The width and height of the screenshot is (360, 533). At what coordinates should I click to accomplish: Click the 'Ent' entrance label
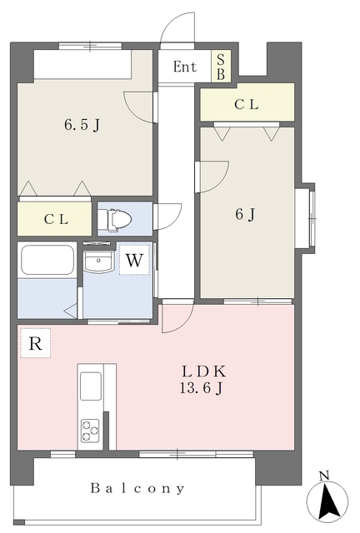pos(185,67)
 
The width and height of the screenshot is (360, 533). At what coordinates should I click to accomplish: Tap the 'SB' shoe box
pos(221,67)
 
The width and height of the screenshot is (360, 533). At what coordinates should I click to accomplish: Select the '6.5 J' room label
pos(82,125)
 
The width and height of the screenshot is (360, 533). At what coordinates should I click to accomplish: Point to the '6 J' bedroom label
pos(245,214)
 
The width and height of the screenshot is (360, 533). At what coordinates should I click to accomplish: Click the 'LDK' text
pos(203,371)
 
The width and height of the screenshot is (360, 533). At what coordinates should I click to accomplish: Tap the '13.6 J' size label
pos(201,387)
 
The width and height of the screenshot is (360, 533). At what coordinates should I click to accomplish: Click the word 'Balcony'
pos(137,489)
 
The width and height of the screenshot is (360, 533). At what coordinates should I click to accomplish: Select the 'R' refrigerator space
pos(35,343)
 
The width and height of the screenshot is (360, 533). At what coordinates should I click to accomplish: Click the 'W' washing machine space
pos(134,260)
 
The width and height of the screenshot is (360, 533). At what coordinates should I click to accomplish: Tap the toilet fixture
pos(115,220)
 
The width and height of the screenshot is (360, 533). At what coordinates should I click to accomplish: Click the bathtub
pos(47,260)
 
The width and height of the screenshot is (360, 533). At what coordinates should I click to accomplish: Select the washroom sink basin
pos(98,261)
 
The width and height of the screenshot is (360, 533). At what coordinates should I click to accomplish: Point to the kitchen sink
pos(91,386)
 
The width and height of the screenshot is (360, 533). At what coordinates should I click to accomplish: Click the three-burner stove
pos(90,431)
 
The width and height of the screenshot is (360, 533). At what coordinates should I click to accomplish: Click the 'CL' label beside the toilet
pos(56,219)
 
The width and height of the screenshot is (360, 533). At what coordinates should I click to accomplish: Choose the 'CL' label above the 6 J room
pos(247,104)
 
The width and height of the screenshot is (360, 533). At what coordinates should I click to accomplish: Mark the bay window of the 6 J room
pos(305,218)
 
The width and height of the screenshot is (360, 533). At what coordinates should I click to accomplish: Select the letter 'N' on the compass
pos(325,476)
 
